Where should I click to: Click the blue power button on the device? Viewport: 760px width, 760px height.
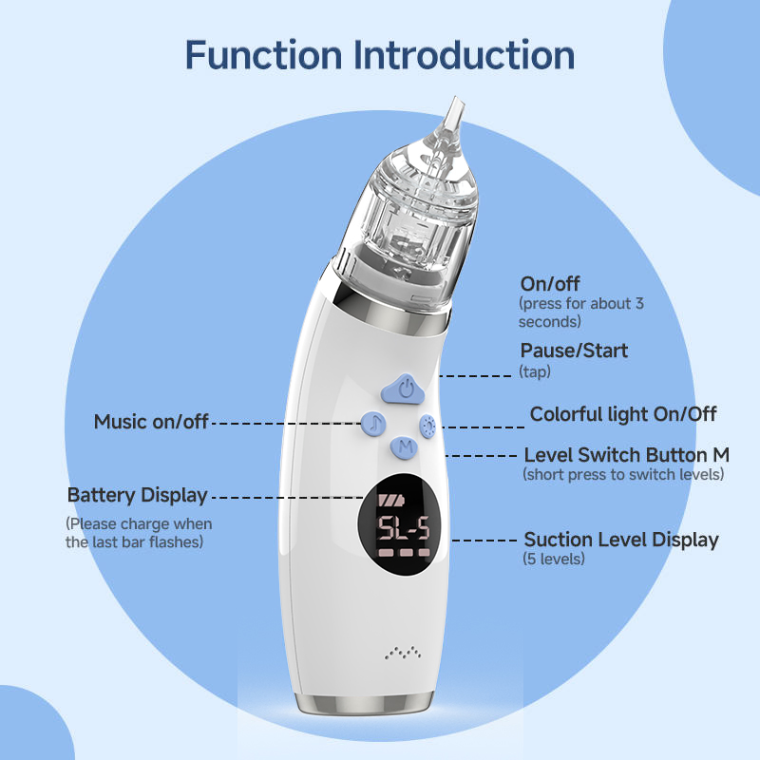click(x=403, y=389)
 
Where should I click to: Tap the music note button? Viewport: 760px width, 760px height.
click(x=373, y=424)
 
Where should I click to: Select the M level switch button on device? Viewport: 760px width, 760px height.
click(x=405, y=446)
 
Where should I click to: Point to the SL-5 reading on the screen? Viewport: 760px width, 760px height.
click(x=404, y=527)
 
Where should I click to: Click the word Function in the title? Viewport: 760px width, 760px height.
click(x=263, y=55)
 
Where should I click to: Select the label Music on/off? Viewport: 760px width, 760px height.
click(x=151, y=422)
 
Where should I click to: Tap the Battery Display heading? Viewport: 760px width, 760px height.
click(x=137, y=495)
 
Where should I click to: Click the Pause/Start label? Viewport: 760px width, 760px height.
click(x=574, y=351)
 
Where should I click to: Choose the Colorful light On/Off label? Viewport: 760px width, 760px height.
click(x=623, y=414)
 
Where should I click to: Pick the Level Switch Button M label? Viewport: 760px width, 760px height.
click(x=627, y=455)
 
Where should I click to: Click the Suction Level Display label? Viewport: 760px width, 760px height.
click(x=621, y=540)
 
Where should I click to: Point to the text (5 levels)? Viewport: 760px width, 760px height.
click(x=554, y=559)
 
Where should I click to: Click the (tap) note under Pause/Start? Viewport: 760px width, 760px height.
click(x=535, y=371)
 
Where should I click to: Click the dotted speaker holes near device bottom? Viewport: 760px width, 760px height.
click(x=402, y=653)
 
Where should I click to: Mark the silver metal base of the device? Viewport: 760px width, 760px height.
click(x=364, y=704)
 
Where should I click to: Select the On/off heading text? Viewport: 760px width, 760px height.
click(x=550, y=284)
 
